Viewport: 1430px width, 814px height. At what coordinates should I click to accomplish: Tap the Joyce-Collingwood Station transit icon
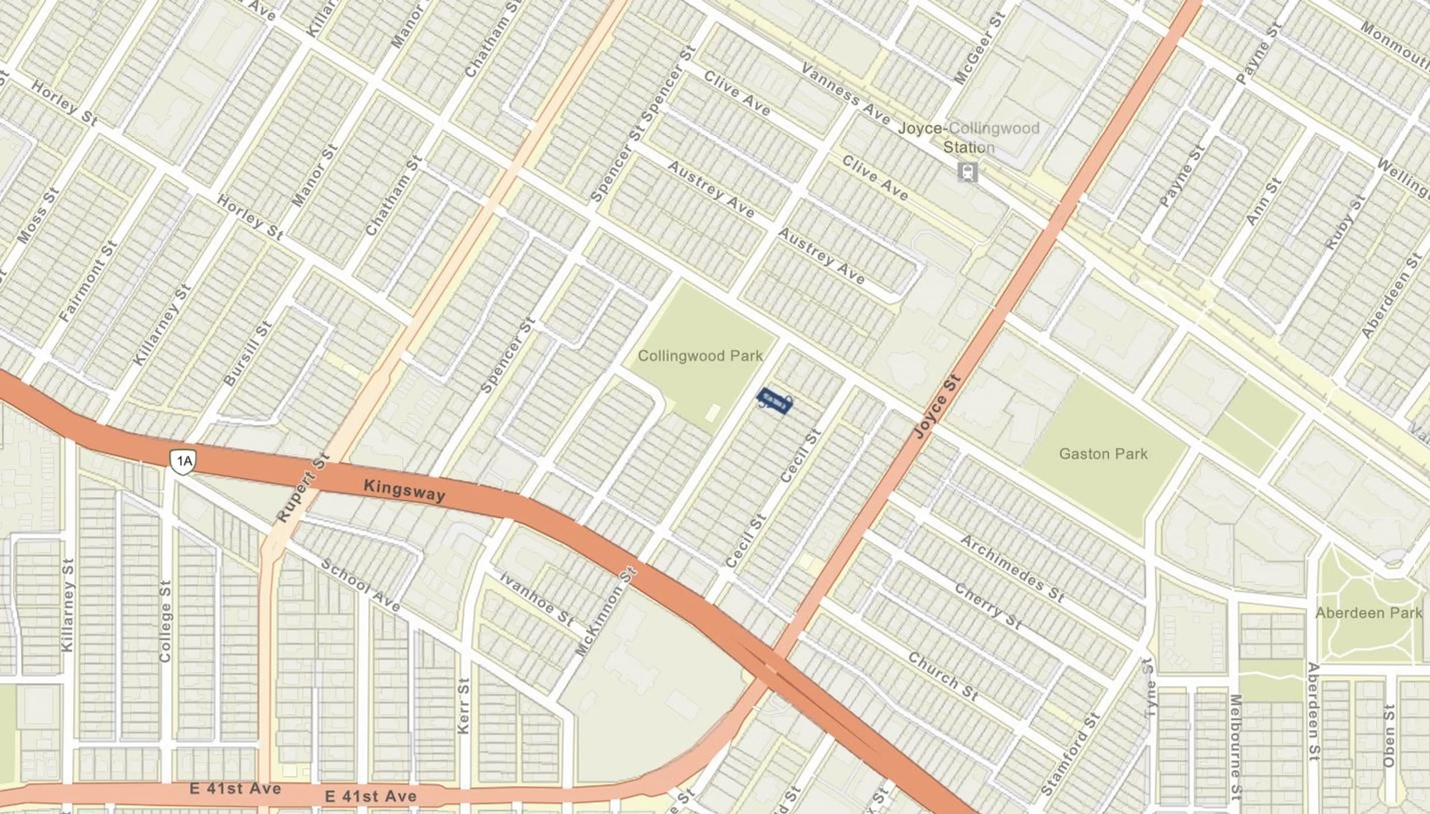[x=967, y=172]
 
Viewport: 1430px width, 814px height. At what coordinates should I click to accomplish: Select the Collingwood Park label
[x=700, y=356]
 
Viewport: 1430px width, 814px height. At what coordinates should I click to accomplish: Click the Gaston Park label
[x=1103, y=453]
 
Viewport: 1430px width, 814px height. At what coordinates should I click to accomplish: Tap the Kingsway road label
[x=404, y=490]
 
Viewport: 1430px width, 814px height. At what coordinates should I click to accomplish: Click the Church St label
[x=942, y=676]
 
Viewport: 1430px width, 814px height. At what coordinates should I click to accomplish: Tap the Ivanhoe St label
[x=536, y=598]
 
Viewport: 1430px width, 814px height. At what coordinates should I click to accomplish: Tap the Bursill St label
[x=247, y=353]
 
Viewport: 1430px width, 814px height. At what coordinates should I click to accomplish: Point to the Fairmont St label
[x=88, y=281]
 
